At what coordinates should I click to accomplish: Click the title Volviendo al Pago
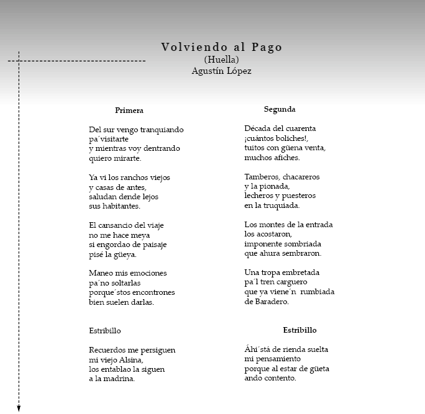click(x=221, y=47)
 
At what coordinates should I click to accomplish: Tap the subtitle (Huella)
click(x=221, y=60)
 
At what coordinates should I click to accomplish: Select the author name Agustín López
click(x=222, y=71)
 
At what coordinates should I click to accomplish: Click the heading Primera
click(x=129, y=110)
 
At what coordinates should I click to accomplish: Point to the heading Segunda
click(x=280, y=109)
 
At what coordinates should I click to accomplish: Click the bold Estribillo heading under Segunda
click(x=299, y=330)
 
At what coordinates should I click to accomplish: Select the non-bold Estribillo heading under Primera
click(x=105, y=331)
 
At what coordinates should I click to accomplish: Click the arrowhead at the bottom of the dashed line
click(x=19, y=408)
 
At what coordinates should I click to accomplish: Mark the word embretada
click(x=297, y=272)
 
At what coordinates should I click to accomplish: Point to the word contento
click(x=280, y=379)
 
